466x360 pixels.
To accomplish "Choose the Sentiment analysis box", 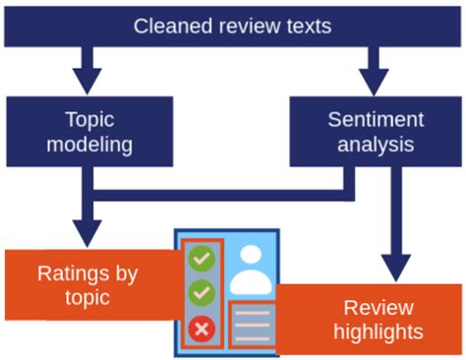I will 376,131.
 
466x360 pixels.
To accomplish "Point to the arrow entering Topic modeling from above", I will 89,72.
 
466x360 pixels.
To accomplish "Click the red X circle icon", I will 203,329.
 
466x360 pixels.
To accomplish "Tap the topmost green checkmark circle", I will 203,259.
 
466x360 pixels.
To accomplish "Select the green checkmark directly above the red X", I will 203,293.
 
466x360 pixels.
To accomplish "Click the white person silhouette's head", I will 252,257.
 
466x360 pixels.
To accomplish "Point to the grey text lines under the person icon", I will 252,326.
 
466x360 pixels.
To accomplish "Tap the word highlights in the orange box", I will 379,331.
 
